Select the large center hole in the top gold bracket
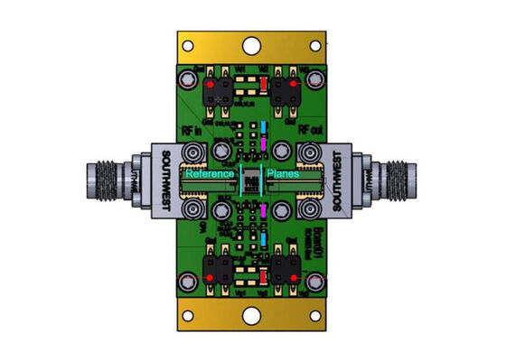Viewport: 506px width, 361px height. (253, 44)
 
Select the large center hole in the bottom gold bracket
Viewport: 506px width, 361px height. (253, 317)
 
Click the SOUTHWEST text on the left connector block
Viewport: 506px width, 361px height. (165, 180)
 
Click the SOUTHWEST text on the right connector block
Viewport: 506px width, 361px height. (339, 180)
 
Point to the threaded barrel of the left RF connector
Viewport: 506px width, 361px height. (107, 180)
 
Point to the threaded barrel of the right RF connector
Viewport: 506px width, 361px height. (398, 180)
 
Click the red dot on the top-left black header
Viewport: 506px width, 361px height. (211, 86)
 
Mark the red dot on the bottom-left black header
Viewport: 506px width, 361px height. (211, 275)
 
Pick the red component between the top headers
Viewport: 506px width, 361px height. (263, 86)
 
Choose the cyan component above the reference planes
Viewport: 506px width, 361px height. (263, 125)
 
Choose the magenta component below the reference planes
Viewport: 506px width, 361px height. (263, 211)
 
